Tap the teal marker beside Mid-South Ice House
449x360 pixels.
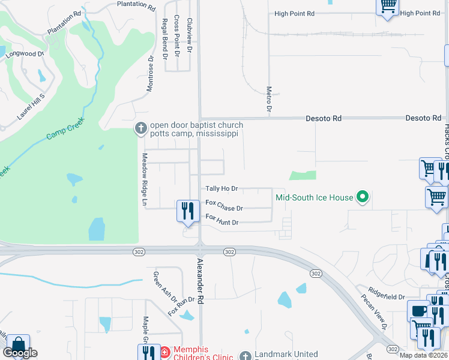point(362,196)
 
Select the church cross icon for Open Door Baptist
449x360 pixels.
point(140,128)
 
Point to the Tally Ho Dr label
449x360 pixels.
point(222,188)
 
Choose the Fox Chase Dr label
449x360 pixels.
point(224,207)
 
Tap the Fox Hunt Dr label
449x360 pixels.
point(222,220)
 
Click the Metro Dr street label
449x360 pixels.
point(269,99)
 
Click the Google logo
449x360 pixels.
point(20,353)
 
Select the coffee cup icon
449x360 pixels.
point(418,311)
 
